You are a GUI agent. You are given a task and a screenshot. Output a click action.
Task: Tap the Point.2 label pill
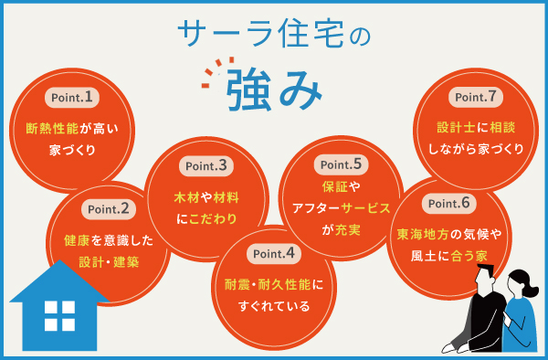click(x=109, y=208)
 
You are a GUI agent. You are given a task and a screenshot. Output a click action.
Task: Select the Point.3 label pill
click(x=206, y=165)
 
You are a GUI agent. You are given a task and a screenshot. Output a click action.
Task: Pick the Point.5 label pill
click(x=340, y=165)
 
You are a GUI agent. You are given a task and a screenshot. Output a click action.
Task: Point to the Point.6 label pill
click(x=448, y=203)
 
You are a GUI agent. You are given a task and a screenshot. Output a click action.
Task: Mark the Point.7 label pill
click(x=476, y=96)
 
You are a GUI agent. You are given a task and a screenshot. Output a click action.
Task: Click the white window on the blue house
click(x=59, y=316)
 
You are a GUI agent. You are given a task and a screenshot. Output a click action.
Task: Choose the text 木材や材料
click(x=207, y=197)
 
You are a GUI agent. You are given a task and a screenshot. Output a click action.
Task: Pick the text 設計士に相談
click(x=476, y=129)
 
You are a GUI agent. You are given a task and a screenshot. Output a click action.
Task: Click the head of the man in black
click(x=485, y=275)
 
